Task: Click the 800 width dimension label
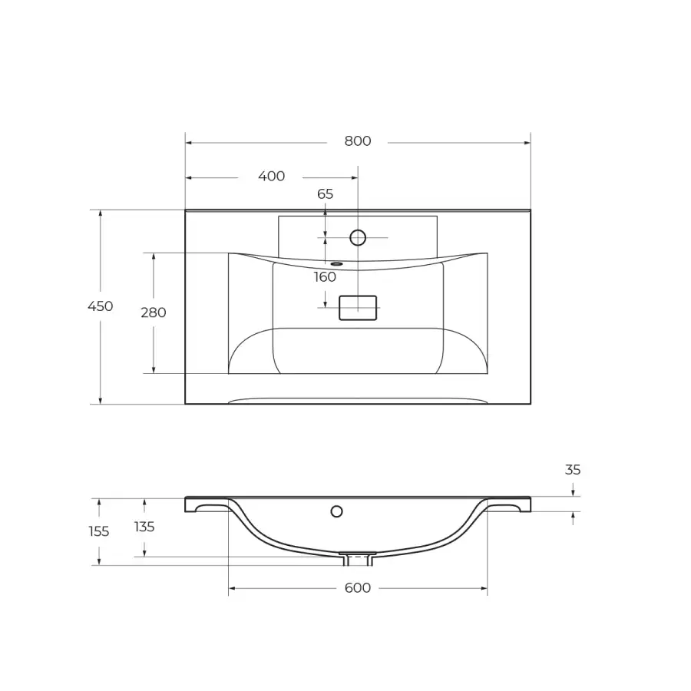(x=357, y=141)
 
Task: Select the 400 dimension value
(x=272, y=177)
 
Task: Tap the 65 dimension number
(x=326, y=194)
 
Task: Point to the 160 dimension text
(x=326, y=277)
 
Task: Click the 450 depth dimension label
(x=101, y=306)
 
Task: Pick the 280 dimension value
(x=154, y=312)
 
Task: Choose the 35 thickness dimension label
(x=573, y=470)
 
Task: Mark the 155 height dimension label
(x=99, y=531)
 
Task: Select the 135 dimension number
(x=144, y=527)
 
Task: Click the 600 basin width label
(x=357, y=588)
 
